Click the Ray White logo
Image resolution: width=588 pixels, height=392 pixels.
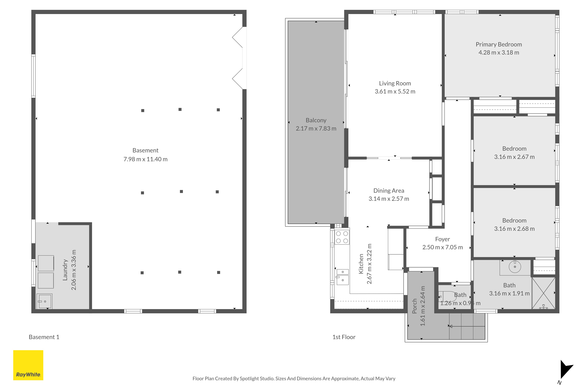pyautogui.click(x=28, y=365)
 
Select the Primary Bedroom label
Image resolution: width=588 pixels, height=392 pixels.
pyautogui.click(x=499, y=45)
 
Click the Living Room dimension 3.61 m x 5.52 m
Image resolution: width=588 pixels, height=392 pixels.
pyautogui.click(x=395, y=92)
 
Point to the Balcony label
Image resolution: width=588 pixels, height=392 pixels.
pyautogui.click(x=316, y=120)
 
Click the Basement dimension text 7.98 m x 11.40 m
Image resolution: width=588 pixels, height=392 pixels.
pyautogui.click(x=146, y=159)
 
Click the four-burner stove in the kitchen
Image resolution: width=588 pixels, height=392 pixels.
pyautogui.click(x=342, y=237)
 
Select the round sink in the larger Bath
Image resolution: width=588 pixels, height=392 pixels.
pyautogui.click(x=515, y=267)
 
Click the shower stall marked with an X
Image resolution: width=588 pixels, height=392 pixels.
pyautogui.click(x=543, y=293)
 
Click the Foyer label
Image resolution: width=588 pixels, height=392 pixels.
pyautogui.click(x=442, y=239)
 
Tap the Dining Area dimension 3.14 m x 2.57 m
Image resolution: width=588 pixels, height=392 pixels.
pyautogui.click(x=389, y=199)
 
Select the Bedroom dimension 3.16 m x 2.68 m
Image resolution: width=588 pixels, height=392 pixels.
pyautogui.click(x=514, y=229)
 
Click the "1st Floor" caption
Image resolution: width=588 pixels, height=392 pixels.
pyautogui.click(x=344, y=337)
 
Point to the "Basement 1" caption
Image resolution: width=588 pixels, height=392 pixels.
pyautogui.click(x=44, y=337)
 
